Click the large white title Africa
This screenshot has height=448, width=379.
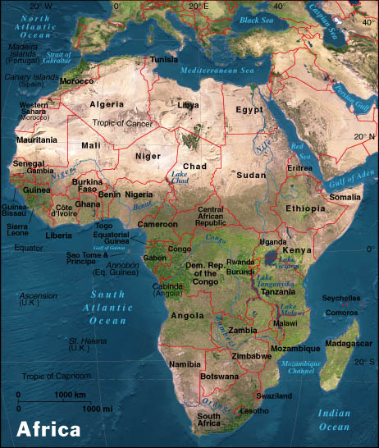[x=49, y=429]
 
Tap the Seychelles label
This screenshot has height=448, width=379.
[x=341, y=298]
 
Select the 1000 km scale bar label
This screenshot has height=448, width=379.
[x=67, y=395]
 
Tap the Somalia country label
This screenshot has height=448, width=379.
[x=344, y=197]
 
